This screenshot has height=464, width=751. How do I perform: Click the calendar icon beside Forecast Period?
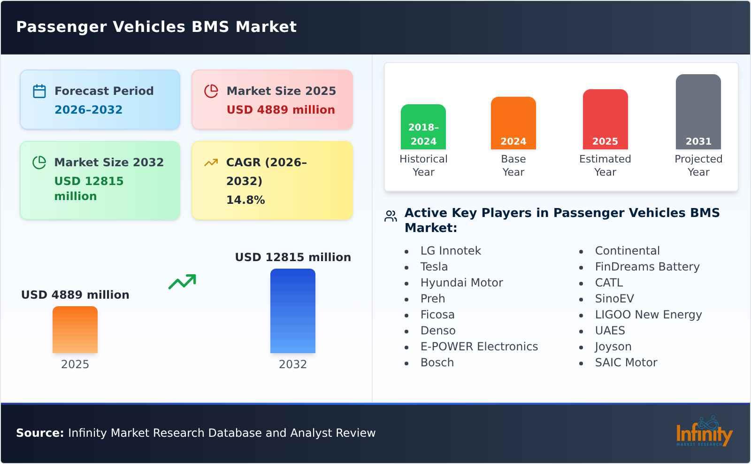tap(39, 91)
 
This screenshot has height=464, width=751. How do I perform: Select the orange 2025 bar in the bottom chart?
tap(75, 330)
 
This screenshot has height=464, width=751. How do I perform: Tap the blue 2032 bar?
tap(293, 311)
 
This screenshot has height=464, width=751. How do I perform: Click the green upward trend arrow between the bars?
tap(182, 282)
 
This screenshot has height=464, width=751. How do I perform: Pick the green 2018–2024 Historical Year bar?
tap(423, 127)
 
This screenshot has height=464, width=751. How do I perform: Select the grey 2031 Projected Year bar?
tap(698, 112)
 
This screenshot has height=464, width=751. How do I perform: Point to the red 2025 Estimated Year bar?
tap(605, 119)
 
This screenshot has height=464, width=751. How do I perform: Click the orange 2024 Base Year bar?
tap(513, 123)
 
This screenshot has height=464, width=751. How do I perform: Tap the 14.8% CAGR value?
tap(245, 200)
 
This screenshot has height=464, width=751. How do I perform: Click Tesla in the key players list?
tap(434, 267)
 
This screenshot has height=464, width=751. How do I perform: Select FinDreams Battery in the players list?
tap(647, 267)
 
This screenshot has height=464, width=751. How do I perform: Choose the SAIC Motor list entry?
tap(626, 363)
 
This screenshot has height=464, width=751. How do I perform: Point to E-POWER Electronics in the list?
tap(479, 347)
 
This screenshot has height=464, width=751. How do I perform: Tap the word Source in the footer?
tap(40, 433)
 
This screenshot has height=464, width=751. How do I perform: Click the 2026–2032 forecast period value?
tap(88, 110)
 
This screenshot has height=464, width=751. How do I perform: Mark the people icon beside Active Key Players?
tap(391, 216)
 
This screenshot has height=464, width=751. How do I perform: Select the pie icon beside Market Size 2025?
tap(211, 91)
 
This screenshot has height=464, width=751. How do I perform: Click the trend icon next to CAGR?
tap(211, 162)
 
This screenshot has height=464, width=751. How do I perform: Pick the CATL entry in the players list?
tap(609, 283)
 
